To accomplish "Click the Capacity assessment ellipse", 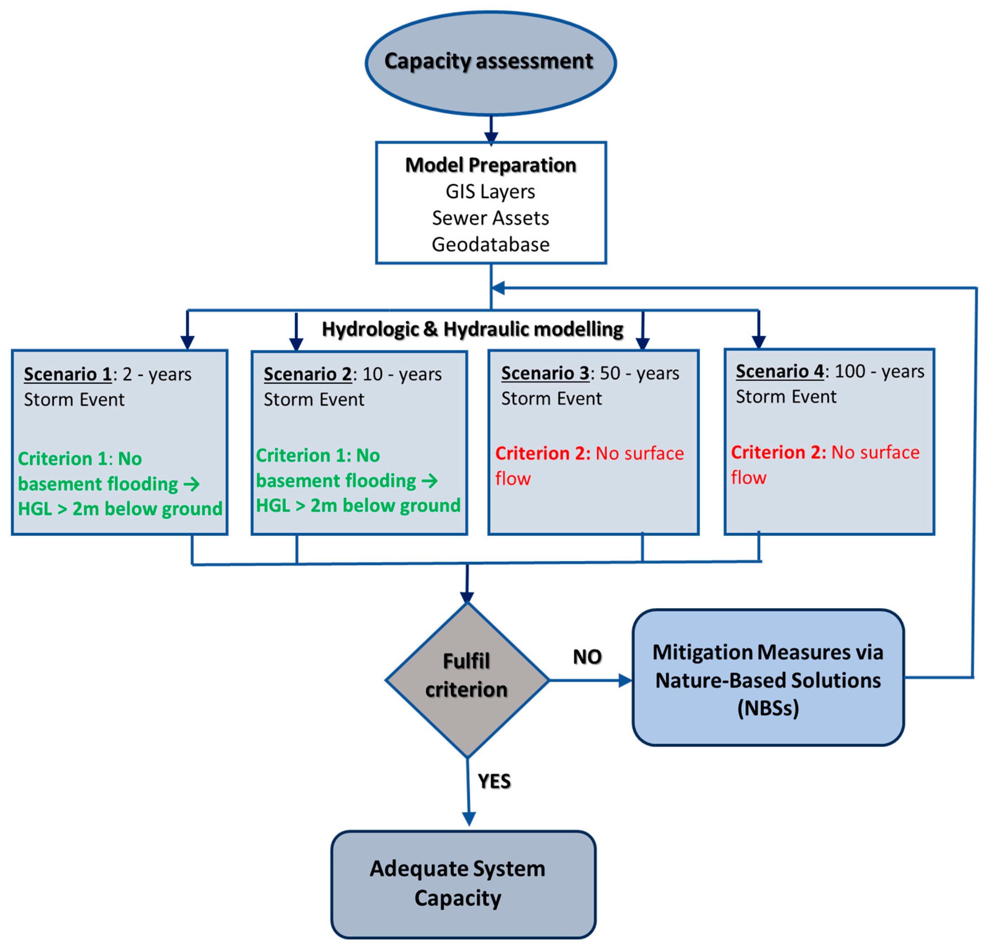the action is (x=491, y=63).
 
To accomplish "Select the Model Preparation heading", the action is (x=491, y=165).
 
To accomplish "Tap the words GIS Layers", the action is (x=491, y=191).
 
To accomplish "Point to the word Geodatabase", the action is (x=491, y=245).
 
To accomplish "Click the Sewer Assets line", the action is (x=491, y=218).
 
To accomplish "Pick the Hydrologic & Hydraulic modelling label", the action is (x=472, y=330).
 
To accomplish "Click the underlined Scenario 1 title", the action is (x=68, y=374).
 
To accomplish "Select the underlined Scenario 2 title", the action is (x=307, y=374).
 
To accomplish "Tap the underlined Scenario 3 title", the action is (x=545, y=373).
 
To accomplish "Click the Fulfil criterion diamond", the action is (x=467, y=680).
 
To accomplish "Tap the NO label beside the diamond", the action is (x=587, y=657).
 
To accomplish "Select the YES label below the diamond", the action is (x=494, y=782).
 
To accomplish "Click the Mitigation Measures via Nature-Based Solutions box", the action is (x=768, y=678).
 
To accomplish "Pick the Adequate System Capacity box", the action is (x=464, y=885).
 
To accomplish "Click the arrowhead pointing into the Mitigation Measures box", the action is (x=625, y=681).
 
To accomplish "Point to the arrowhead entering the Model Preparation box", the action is (x=491, y=137).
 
